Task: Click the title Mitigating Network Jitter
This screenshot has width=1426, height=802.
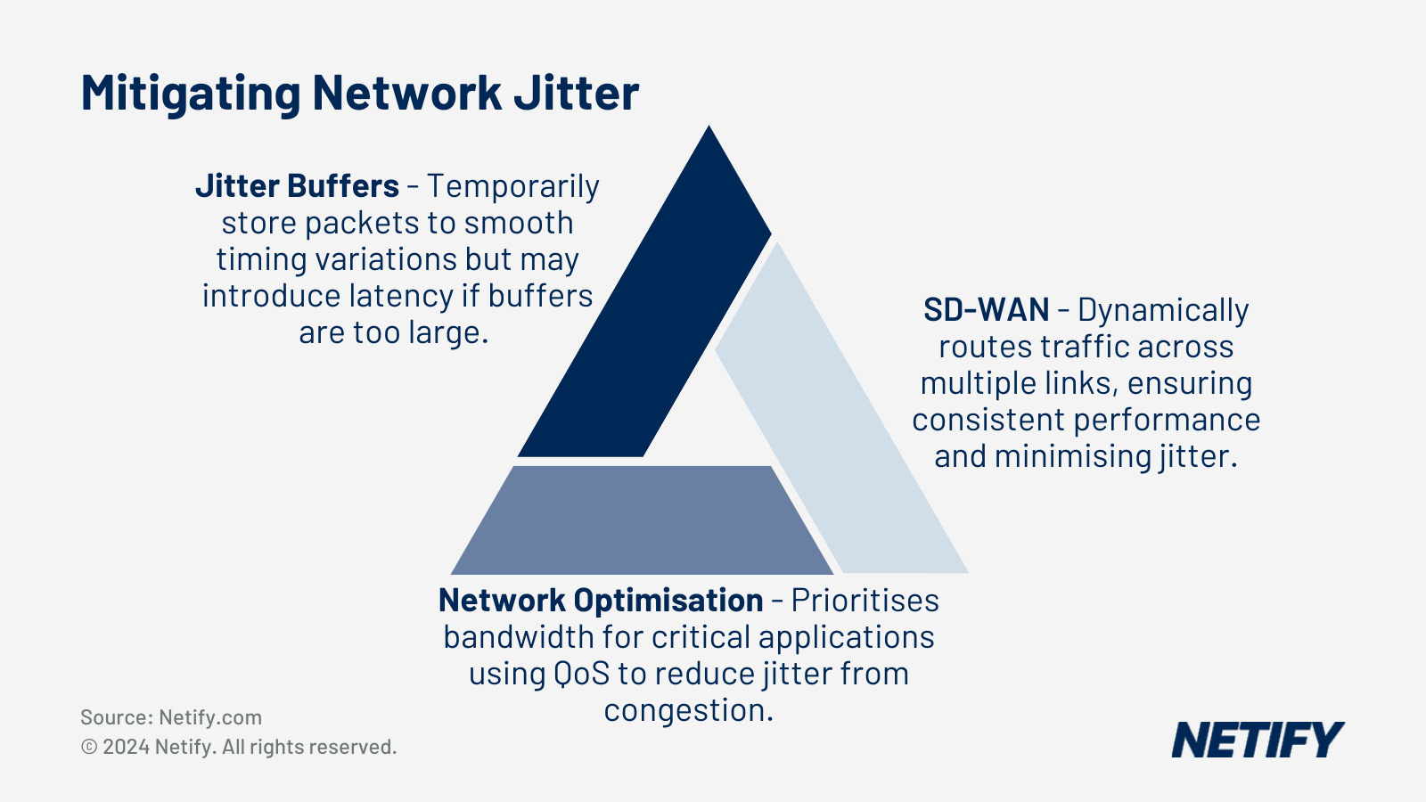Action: point(360,93)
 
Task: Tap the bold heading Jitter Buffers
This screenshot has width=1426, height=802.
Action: point(297,186)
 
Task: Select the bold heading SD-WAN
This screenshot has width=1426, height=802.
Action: point(986,310)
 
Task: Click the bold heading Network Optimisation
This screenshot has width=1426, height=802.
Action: point(601,601)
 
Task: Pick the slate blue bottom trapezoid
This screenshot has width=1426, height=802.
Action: point(642,521)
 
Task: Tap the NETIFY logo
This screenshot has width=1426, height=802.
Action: point(1257,740)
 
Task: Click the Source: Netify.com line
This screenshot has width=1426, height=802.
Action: point(171,717)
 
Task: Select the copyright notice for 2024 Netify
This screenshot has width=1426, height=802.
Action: point(239,747)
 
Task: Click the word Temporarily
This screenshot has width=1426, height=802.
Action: point(512,186)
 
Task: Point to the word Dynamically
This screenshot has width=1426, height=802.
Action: point(1163,310)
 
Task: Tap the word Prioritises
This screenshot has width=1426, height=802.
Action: point(865,601)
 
